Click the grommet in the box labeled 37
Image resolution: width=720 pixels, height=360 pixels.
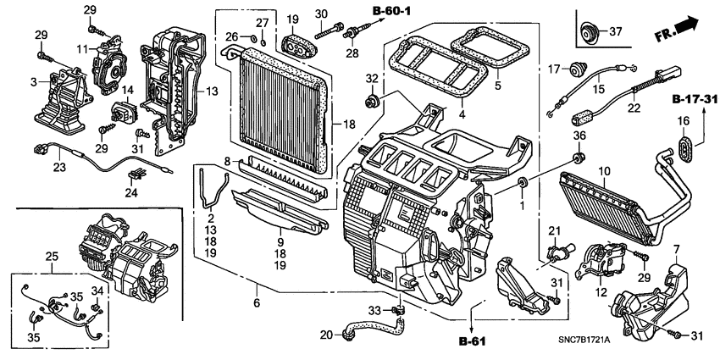(x=585, y=34)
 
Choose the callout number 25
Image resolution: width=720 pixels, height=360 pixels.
(x=52, y=256)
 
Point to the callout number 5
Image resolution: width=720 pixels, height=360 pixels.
(x=498, y=86)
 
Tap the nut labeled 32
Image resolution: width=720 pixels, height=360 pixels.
(x=370, y=103)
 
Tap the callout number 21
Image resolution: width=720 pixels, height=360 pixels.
(x=554, y=231)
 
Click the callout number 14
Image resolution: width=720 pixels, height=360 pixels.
(x=129, y=89)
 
